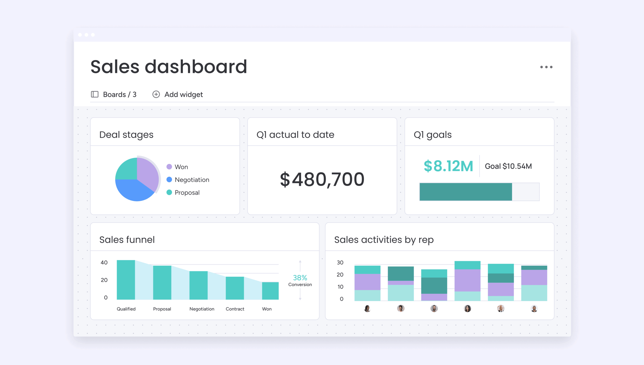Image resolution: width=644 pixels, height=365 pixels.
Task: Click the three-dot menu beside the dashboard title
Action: pyautogui.click(x=546, y=67)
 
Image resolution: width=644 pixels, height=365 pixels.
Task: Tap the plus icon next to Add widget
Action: pyautogui.click(x=156, y=94)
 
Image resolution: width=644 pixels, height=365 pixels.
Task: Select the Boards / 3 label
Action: pyautogui.click(x=119, y=95)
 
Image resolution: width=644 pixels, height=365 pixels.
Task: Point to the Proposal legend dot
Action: pyautogui.click(x=169, y=192)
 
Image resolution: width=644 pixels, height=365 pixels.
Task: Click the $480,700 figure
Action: pyautogui.click(x=322, y=179)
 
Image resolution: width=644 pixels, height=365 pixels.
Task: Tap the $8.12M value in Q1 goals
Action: pyautogui.click(x=448, y=166)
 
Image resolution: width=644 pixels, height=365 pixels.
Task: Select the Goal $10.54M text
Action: pyautogui.click(x=508, y=166)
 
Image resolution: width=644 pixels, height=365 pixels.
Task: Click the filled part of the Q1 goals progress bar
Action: pyautogui.click(x=466, y=192)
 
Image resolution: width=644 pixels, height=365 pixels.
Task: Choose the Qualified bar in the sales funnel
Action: pyautogui.click(x=126, y=280)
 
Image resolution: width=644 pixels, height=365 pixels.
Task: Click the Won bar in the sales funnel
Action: pyautogui.click(x=270, y=291)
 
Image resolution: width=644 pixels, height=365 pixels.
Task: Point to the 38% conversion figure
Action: pyautogui.click(x=300, y=278)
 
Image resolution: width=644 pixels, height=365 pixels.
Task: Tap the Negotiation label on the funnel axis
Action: pyautogui.click(x=202, y=309)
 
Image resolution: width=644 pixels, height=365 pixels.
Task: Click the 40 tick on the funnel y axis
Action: pyautogui.click(x=104, y=263)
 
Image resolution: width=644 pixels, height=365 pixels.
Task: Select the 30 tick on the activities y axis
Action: pyautogui.click(x=340, y=263)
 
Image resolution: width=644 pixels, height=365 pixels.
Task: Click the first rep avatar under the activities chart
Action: pyautogui.click(x=367, y=308)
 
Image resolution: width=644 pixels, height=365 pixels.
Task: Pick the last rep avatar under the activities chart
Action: pyautogui.click(x=534, y=308)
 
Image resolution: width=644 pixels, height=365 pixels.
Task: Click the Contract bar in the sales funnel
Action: pyautogui.click(x=235, y=288)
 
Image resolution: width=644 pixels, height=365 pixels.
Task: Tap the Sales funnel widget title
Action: pyautogui.click(x=127, y=240)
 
